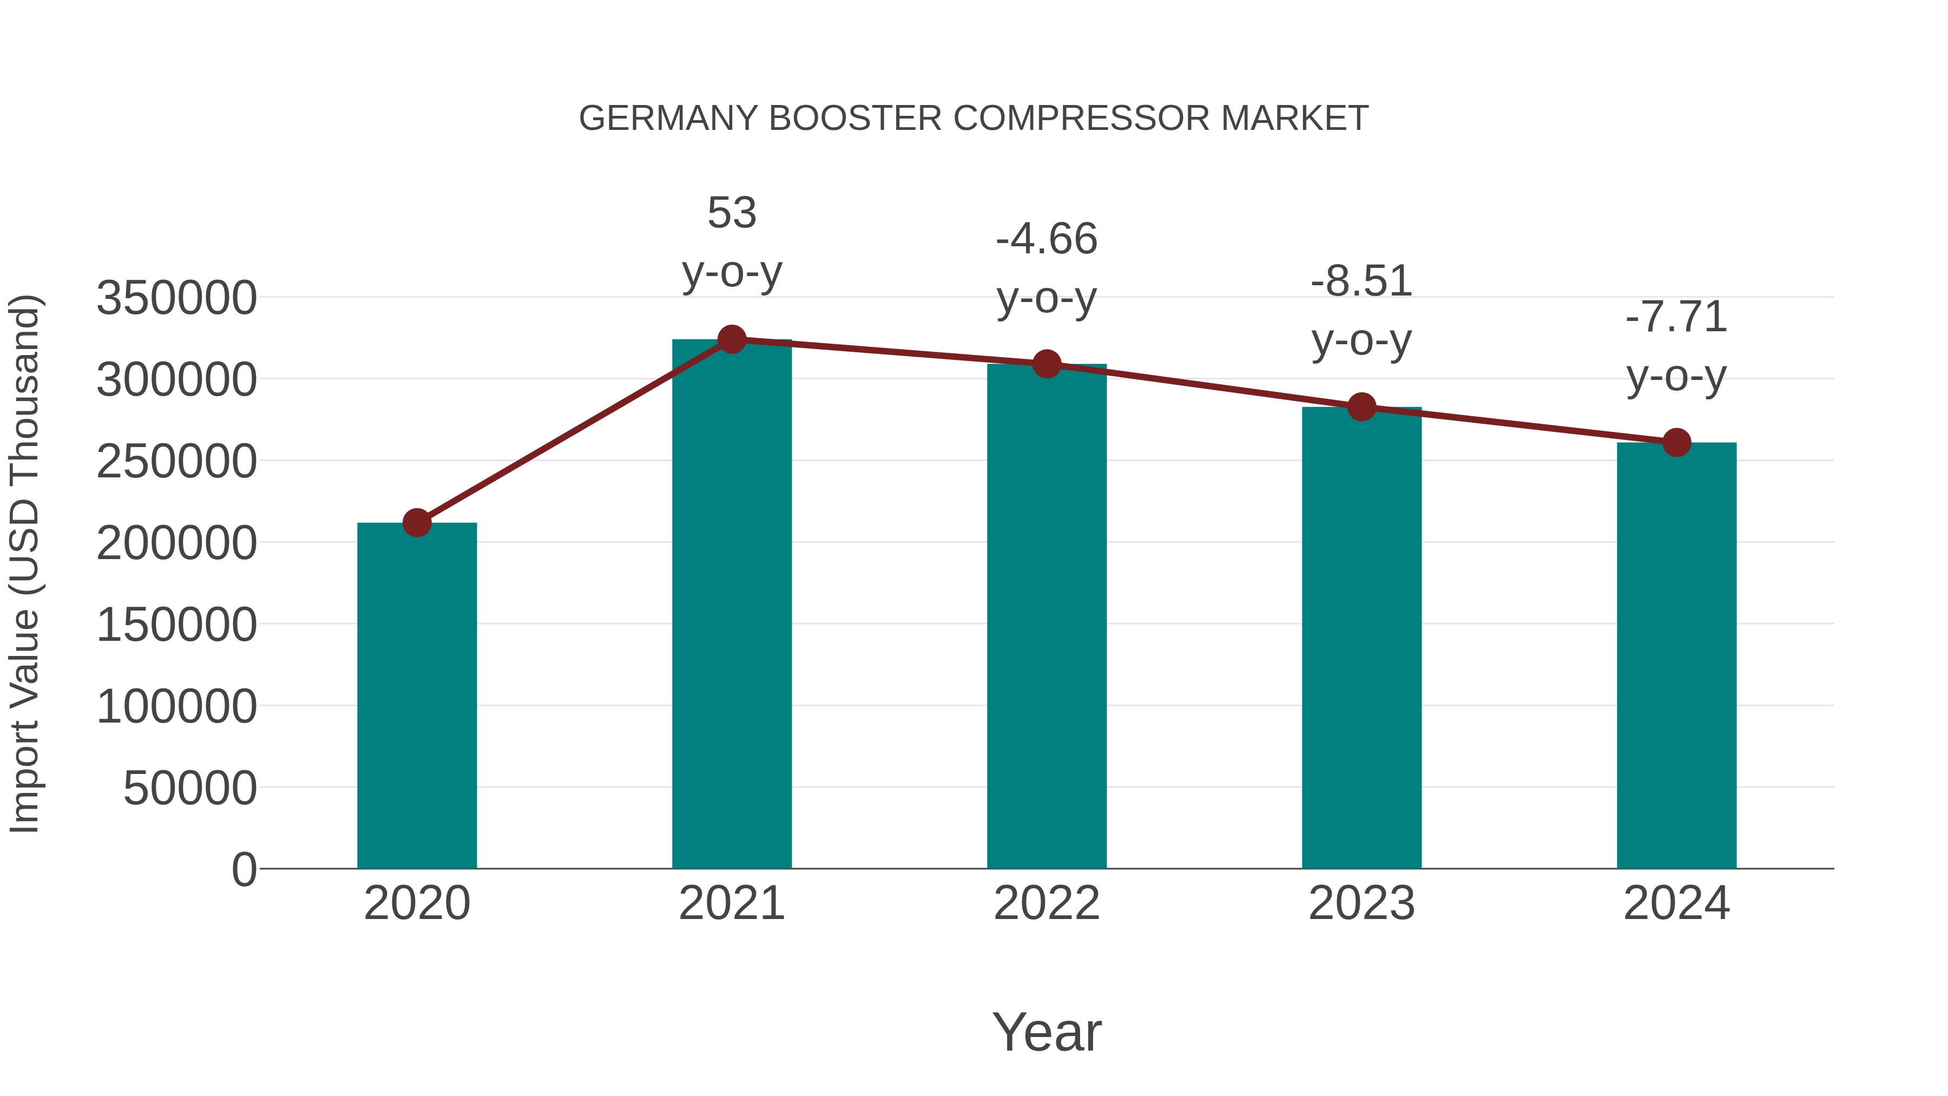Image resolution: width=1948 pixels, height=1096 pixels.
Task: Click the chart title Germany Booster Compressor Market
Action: (973, 119)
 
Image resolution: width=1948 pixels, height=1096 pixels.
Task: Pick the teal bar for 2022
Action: (1047, 616)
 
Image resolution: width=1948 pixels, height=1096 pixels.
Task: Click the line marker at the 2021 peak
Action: (731, 339)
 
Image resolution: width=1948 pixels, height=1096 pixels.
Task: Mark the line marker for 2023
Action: (1361, 407)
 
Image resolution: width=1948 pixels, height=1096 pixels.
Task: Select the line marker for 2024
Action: (1676, 443)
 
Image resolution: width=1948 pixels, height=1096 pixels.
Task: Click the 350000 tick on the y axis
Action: (176, 298)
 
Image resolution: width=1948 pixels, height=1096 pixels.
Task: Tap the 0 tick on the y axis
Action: (243, 870)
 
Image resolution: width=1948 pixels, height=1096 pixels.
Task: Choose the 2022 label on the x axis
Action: (1047, 903)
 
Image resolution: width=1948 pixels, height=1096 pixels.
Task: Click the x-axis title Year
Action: (1047, 1032)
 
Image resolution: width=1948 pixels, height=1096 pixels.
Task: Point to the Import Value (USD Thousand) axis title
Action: (24, 563)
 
